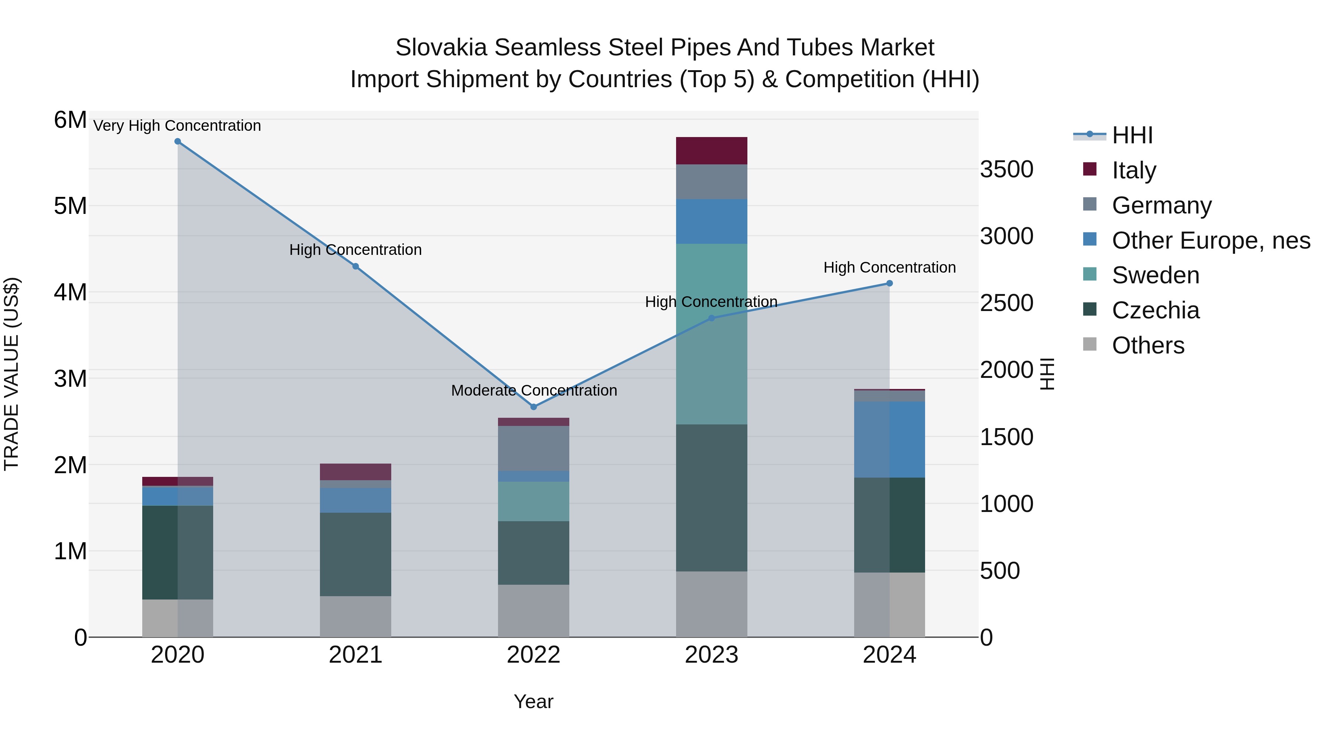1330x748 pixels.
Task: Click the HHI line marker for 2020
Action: tap(178, 141)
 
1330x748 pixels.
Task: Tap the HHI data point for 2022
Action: tap(534, 407)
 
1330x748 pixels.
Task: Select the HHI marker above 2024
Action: tap(890, 283)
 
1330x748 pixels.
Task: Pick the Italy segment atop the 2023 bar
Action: tap(712, 151)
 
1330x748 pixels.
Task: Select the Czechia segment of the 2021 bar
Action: tap(355, 554)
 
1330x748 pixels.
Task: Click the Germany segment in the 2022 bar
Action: tap(533, 448)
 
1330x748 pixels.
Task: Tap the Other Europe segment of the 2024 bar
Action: tap(890, 439)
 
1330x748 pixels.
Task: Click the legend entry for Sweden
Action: tap(1156, 275)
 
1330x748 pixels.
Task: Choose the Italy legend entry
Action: tap(1134, 170)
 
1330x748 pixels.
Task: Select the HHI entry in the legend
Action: tap(1132, 135)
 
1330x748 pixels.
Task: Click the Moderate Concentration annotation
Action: tap(534, 390)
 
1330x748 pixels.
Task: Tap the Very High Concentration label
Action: tap(177, 126)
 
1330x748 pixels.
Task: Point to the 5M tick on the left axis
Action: tap(70, 206)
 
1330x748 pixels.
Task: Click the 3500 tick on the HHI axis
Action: tap(1006, 169)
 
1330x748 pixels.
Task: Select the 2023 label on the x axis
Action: tap(712, 655)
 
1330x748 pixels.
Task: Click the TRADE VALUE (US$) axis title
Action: tap(11, 374)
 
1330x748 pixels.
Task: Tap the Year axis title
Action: tap(533, 701)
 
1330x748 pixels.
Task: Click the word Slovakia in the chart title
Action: tap(441, 48)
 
